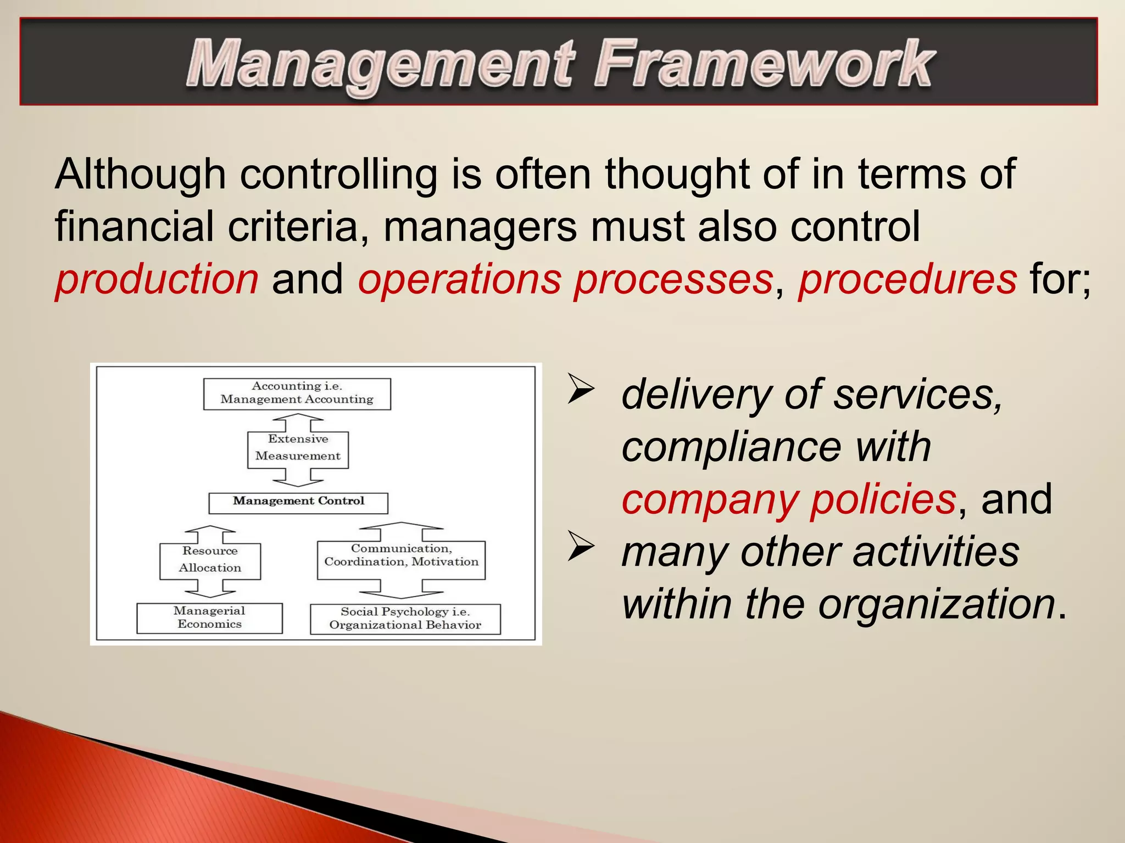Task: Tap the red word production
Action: pos(157,279)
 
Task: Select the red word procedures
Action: pos(907,279)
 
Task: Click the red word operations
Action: pos(459,279)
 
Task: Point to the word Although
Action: pos(140,174)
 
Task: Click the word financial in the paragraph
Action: pos(134,227)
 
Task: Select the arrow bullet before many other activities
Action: pos(581,546)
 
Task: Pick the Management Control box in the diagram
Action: pos(298,502)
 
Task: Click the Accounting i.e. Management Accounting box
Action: pos(297,393)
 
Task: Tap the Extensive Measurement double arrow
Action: pos(298,449)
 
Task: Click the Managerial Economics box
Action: pos(209,618)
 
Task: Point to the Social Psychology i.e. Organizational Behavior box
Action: pos(405,619)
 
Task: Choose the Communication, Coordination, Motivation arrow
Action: pos(402,559)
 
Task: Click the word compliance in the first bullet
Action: pos(731,446)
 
